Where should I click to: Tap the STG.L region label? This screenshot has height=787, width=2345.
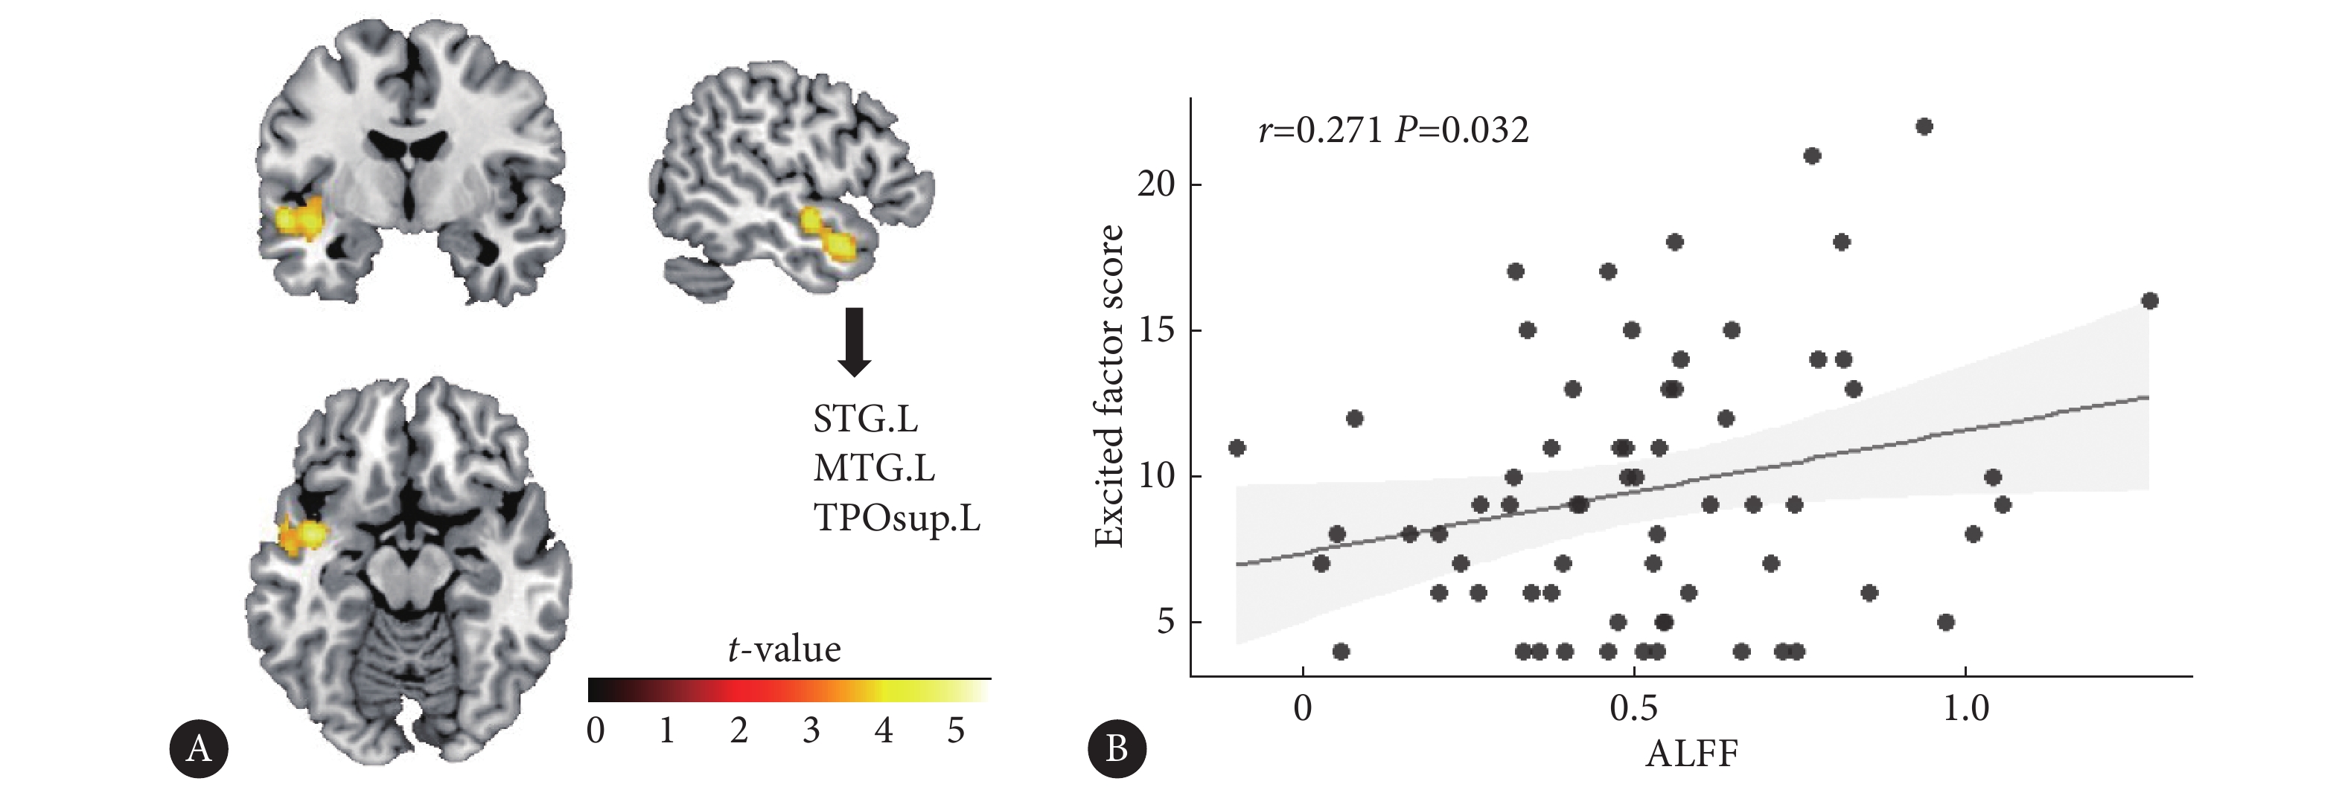(x=865, y=419)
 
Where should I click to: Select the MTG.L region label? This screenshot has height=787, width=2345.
(x=874, y=468)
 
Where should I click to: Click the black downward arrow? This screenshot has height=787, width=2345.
(x=854, y=342)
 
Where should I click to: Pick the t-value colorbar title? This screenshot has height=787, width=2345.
(x=784, y=649)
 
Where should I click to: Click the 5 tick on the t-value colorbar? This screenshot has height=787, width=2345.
(x=955, y=730)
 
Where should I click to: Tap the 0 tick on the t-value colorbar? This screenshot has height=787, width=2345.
(x=596, y=730)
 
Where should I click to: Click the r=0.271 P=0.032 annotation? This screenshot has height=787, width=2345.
(x=1393, y=131)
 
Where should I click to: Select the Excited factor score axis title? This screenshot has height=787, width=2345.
(x=1108, y=387)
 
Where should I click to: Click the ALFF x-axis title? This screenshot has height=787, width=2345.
(x=1691, y=754)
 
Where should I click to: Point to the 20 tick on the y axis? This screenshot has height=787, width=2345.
(x=1156, y=184)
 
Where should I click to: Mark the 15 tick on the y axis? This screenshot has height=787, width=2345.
(x=1156, y=330)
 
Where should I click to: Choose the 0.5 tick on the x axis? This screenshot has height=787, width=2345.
(x=1634, y=709)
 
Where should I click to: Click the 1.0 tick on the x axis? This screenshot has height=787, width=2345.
(x=1965, y=709)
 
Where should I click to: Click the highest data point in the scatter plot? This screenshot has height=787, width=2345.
(x=1924, y=126)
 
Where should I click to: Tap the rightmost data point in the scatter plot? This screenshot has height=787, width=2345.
(x=2149, y=301)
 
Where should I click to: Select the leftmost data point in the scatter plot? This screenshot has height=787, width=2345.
(x=1237, y=448)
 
